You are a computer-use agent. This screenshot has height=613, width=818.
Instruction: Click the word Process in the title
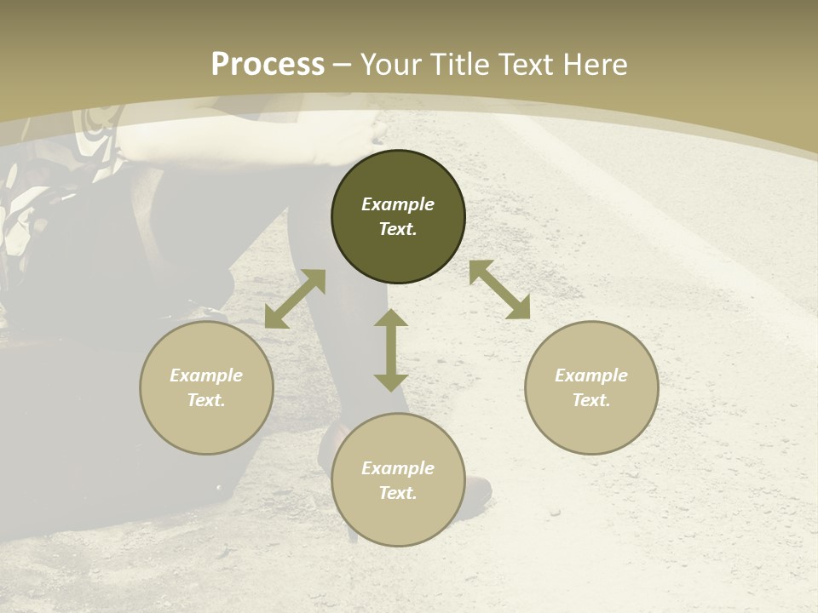click(268, 65)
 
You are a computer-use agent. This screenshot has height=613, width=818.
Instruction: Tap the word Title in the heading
click(461, 65)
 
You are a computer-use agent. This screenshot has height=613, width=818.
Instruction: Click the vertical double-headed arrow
click(391, 350)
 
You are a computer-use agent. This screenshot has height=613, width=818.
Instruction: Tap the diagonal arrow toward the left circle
click(295, 299)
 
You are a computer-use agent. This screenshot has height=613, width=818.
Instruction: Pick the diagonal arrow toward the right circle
click(500, 289)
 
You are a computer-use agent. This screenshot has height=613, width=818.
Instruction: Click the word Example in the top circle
click(398, 204)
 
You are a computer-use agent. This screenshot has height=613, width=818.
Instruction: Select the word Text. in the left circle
click(206, 400)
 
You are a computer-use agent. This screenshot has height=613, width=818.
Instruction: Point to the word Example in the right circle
click(591, 375)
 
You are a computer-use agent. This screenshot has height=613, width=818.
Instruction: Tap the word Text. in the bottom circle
click(398, 493)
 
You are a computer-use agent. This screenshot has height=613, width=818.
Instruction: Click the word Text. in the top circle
click(398, 229)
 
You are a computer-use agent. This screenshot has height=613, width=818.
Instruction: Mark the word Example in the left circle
click(206, 375)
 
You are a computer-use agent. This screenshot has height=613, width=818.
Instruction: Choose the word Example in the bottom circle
click(398, 468)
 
